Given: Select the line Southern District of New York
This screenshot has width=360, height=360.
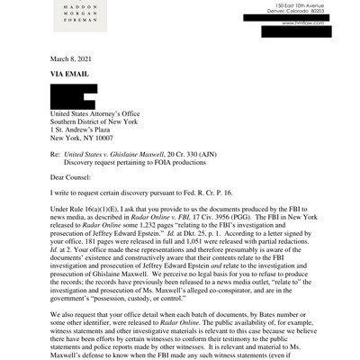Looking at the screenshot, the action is tap(94, 120).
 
